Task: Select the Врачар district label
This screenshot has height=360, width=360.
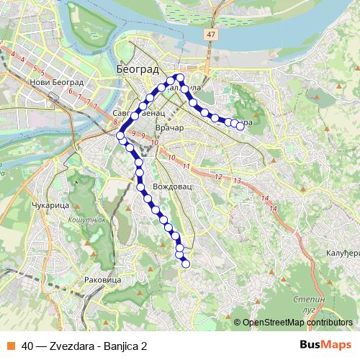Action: click(x=170, y=128)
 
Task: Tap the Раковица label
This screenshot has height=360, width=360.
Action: click(x=102, y=279)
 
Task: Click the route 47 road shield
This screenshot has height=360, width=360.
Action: click(x=210, y=34)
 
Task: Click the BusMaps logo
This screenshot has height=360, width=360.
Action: click(x=325, y=345)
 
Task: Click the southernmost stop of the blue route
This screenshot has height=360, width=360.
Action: click(x=185, y=264)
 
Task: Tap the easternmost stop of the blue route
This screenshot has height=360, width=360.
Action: click(x=240, y=126)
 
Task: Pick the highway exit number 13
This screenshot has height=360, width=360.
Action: click(x=237, y=180)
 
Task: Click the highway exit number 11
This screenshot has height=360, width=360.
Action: click(x=186, y=167)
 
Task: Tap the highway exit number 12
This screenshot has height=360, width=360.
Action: click(x=217, y=176)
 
